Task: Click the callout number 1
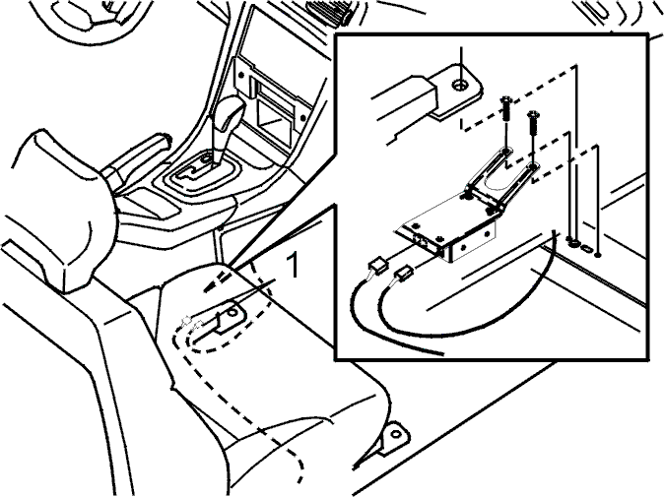292,265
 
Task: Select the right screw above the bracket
532,122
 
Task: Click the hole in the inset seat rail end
460,86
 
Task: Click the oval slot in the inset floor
586,247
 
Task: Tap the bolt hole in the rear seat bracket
395,434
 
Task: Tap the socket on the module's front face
422,243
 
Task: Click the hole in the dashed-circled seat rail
232,313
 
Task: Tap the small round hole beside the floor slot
598,255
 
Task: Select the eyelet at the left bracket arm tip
506,151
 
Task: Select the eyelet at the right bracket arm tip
533,166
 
